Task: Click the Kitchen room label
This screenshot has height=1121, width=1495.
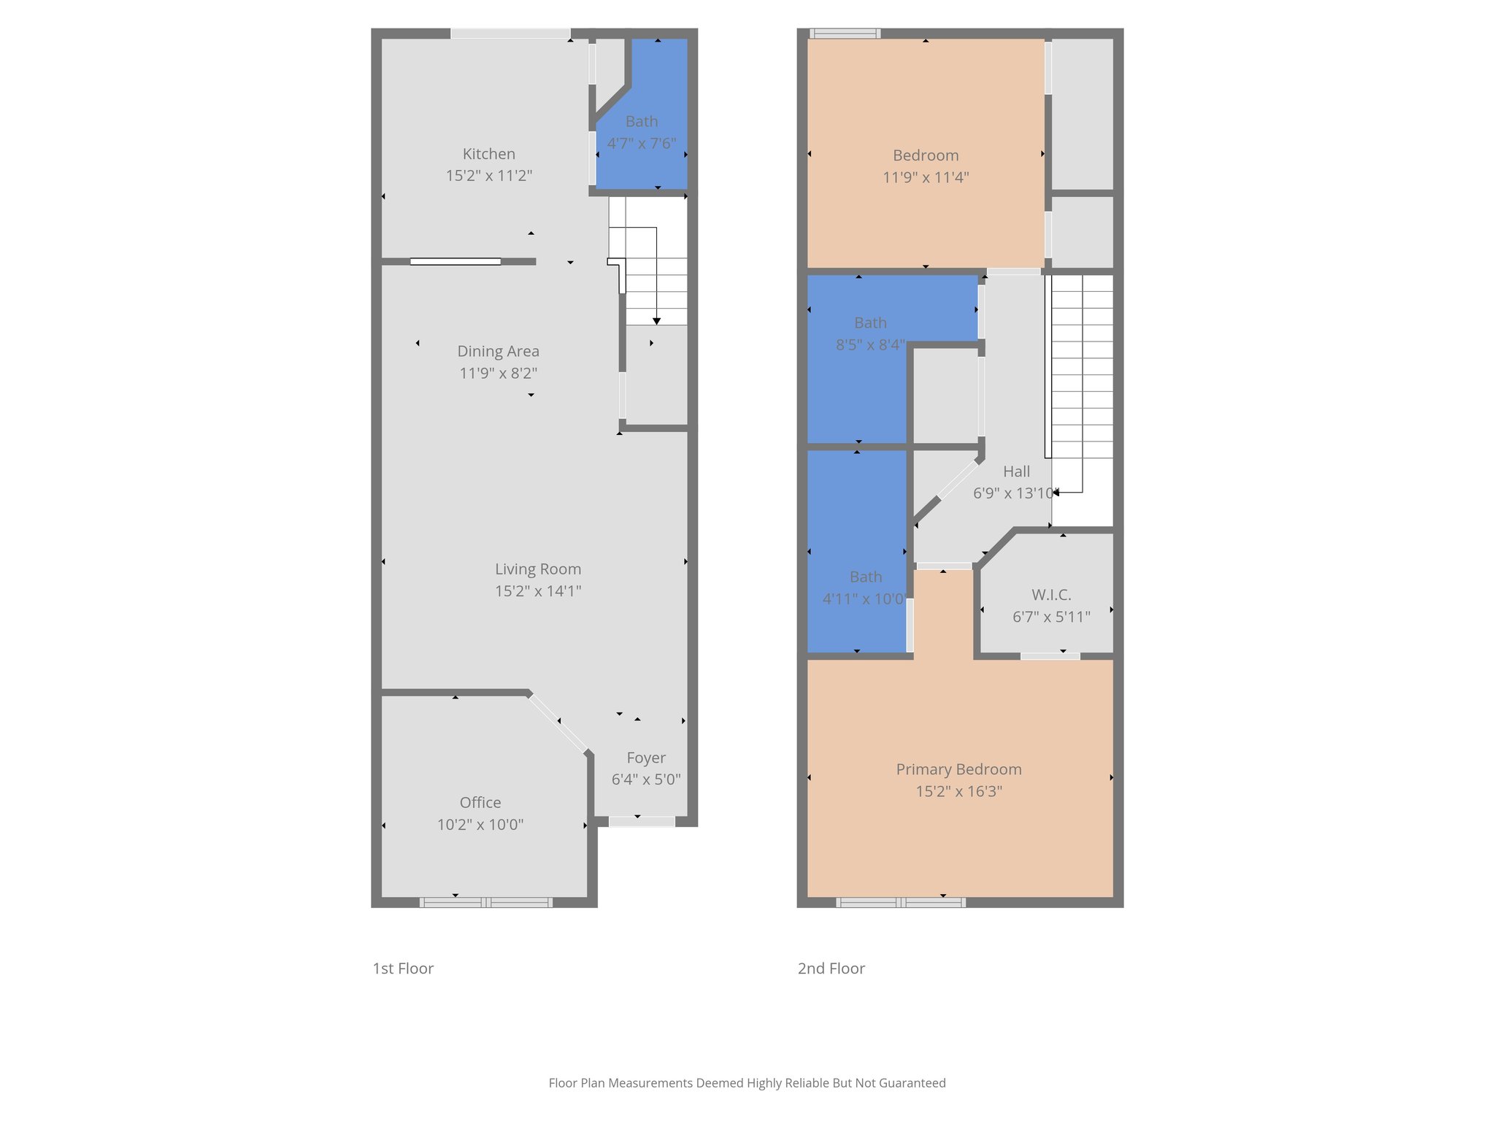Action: (488, 154)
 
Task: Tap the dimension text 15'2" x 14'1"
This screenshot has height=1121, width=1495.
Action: (538, 591)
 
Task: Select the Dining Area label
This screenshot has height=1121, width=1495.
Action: (498, 351)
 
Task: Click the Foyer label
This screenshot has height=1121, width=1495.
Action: (645, 758)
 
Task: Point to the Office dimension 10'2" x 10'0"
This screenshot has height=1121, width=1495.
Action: (480, 825)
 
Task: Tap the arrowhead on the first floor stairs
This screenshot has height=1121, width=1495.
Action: (656, 321)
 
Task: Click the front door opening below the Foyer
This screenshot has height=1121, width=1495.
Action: (641, 822)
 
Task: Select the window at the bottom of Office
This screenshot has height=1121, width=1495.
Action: (485, 903)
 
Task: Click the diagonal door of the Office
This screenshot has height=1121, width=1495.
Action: (558, 723)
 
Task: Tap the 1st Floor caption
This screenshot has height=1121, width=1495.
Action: (403, 968)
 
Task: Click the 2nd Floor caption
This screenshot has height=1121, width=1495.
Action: (831, 968)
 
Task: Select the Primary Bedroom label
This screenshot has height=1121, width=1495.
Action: (958, 769)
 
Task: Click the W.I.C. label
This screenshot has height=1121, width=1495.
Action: (1051, 595)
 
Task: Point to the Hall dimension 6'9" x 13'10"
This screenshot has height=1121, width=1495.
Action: (1015, 493)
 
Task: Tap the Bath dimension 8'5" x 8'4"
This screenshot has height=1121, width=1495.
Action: (870, 344)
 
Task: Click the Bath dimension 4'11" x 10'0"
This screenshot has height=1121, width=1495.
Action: (864, 599)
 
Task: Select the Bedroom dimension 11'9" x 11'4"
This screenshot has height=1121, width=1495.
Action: (926, 177)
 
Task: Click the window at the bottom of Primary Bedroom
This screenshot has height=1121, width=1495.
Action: (900, 903)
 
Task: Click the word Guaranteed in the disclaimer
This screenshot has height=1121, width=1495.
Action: (912, 1083)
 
